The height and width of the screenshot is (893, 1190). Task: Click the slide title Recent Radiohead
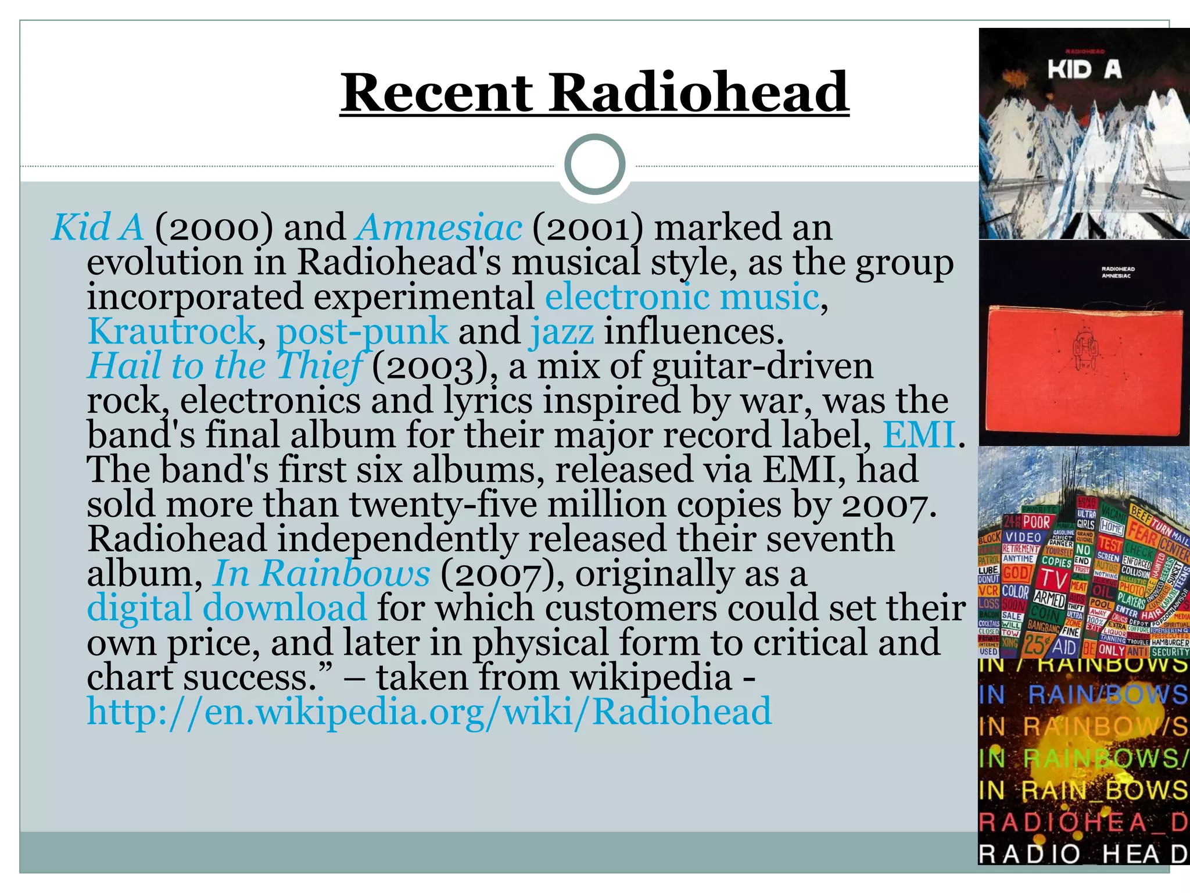(594, 93)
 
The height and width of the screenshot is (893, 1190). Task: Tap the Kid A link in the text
(98, 227)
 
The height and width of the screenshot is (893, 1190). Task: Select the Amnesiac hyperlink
(439, 227)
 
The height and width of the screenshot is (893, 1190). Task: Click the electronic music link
(682, 297)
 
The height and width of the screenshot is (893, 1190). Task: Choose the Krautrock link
(171, 331)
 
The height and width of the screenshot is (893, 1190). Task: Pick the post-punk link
(362, 331)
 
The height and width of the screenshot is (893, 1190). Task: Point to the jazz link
(562, 331)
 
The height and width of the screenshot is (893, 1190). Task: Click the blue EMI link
(919, 435)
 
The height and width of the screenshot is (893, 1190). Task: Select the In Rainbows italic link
(322, 574)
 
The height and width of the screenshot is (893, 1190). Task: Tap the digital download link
(227, 608)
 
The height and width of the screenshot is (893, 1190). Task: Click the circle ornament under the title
(595, 165)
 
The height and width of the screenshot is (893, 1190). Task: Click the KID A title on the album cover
(1084, 70)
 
